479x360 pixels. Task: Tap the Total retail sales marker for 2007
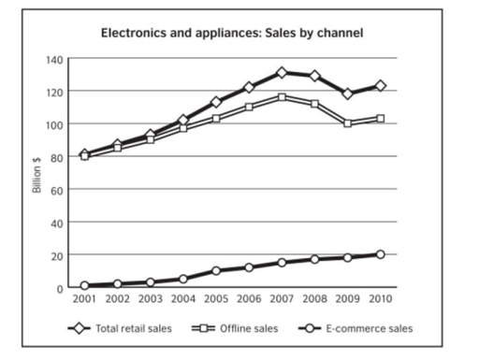coord(281,72)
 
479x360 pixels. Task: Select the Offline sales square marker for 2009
coord(347,122)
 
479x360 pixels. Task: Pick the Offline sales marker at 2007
coord(281,96)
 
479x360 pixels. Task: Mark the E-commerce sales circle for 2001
coord(84,285)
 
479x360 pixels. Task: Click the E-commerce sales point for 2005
coord(215,271)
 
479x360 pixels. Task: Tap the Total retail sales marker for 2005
coord(215,102)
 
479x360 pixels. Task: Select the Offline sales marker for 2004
coord(182,127)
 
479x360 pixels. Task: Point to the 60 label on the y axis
coord(57,190)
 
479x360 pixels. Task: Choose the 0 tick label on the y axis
coord(60,288)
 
